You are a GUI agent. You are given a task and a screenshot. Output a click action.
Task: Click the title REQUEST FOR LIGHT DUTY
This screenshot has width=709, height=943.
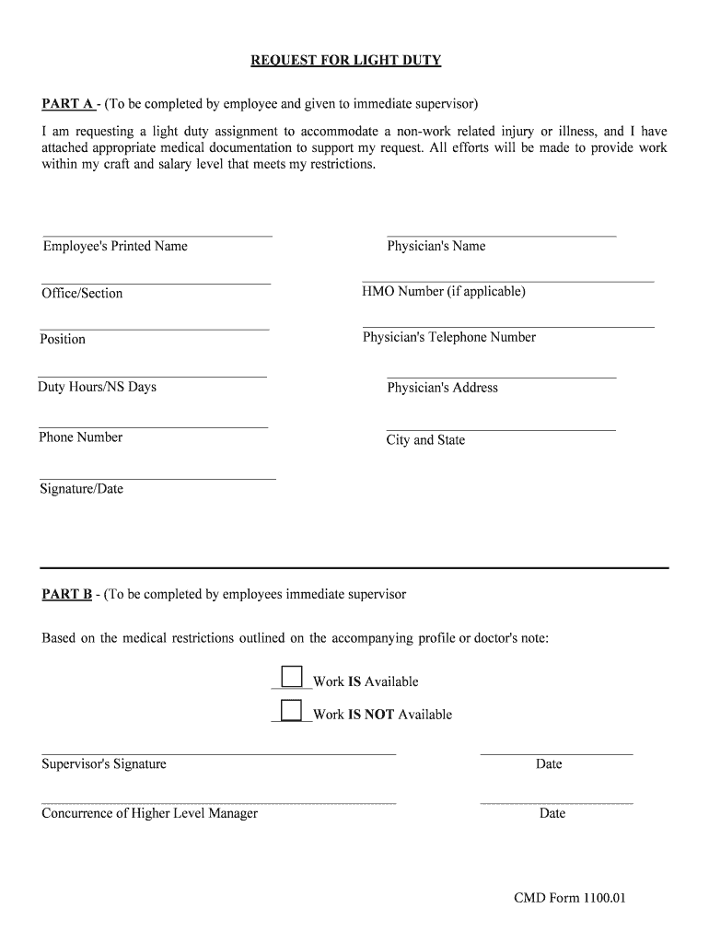[346, 61]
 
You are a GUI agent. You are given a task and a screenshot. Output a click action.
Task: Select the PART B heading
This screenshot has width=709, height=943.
[66, 594]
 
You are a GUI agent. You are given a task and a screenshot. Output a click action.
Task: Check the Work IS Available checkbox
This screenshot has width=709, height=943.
[292, 677]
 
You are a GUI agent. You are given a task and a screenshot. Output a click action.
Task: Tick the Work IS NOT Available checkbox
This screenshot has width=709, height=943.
[292, 709]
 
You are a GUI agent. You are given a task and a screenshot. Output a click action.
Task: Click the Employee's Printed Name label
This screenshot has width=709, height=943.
[115, 246]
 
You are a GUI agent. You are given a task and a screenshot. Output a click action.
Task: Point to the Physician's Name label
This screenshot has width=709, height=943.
[436, 246]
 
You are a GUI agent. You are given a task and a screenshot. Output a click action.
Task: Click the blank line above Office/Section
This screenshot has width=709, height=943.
[156, 284]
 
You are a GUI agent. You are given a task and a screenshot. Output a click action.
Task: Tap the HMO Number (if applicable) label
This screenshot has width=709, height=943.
[444, 292]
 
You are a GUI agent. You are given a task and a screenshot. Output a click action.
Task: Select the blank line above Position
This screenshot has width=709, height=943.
[154, 329]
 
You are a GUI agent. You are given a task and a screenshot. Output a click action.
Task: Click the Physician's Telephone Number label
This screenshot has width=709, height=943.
[448, 337]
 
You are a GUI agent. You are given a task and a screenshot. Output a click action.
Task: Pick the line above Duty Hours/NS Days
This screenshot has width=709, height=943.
[152, 377]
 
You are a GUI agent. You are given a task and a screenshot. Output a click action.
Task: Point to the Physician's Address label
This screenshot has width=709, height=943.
[442, 388]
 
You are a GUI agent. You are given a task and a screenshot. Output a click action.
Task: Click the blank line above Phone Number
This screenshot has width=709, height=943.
[153, 427]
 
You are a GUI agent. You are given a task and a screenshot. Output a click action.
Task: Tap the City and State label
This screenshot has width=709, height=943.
[425, 440]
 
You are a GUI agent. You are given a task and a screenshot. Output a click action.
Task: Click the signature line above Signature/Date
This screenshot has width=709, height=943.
[157, 479]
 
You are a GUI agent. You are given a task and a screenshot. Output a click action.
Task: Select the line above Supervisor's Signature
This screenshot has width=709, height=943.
[218, 754]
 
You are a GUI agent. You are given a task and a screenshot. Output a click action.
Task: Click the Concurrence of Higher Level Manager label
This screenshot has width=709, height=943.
[149, 813]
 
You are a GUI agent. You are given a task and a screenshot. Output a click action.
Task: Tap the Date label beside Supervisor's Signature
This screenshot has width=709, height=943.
[549, 763]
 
